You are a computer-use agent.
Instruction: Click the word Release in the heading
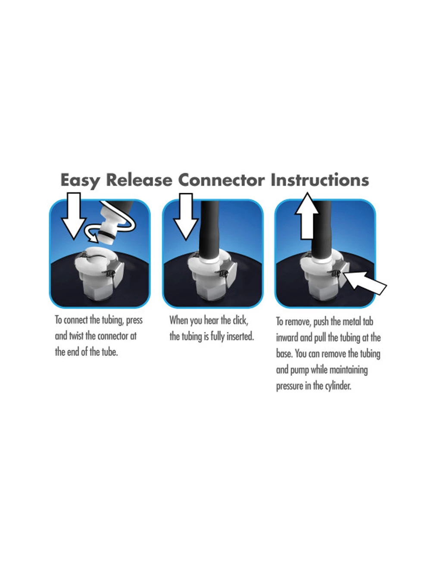pyautogui.click(x=139, y=180)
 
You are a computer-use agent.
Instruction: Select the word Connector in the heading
pyautogui.click(x=221, y=180)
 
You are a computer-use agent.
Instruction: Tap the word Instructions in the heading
pyautogui.click(x=319, y=180)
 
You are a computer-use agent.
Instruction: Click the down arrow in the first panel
pyautogui.click(x=74, y=216)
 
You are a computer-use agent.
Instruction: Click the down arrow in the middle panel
pyautogui.click(x=186, y=216)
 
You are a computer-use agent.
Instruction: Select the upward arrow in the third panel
pyautogui.click(x=307, y=216)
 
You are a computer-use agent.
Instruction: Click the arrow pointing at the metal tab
pyautogui.click(x=365, y=283)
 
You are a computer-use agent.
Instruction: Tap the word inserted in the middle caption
pyautogui.click(x=240, y=337)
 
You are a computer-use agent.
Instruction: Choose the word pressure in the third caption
pyautogui.click(x=289, y=386)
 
